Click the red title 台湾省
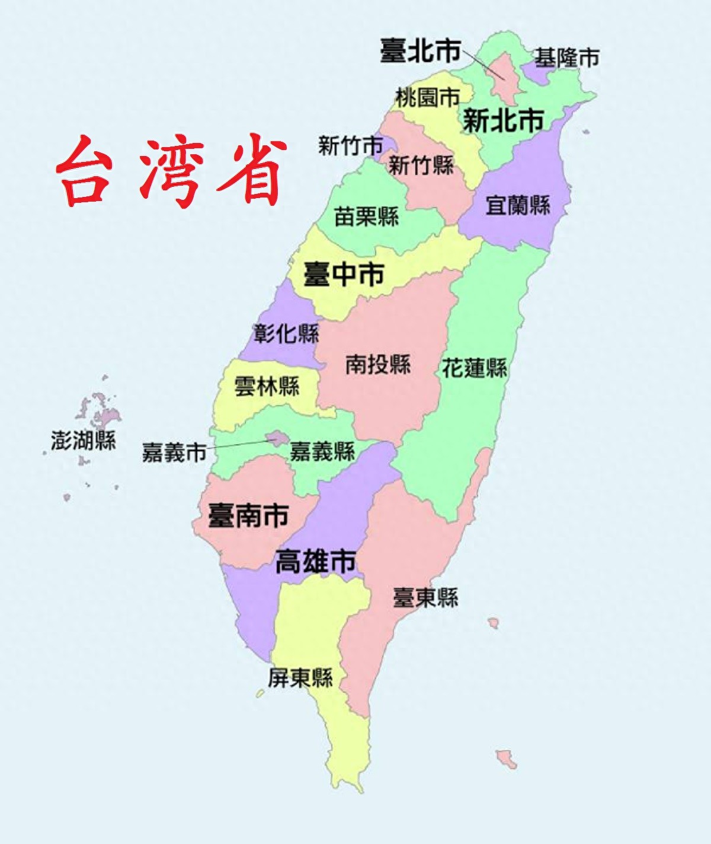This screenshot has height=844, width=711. [x=172, y=172]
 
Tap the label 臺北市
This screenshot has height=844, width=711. [x=420, y=51]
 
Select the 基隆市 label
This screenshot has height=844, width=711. [x=566, y=58]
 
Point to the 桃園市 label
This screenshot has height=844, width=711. [x=427, y=97]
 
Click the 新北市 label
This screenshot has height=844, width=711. [x=502, y=121]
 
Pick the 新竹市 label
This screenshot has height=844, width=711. [x=350, y=145]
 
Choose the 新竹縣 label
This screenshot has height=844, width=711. [x=421, y=164]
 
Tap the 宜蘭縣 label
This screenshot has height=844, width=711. [x=518, y=205]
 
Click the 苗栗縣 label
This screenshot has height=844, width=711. [x=366, y=216]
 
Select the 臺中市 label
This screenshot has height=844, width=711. [x=344, y=275]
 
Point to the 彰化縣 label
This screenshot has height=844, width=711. [x=286, y=333]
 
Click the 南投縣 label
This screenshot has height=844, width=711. [x=378, y=364]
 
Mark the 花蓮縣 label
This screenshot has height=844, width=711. [x=475, y=368]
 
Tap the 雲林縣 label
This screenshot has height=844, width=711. [x=267, y=387]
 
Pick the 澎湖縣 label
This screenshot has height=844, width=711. [x=83, y=441]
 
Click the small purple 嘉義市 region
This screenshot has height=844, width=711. [x=276, y=438]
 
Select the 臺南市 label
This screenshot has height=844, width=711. [x=248, y=515]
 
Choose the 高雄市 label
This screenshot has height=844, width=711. [x=316, y=561]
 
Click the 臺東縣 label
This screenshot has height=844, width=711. [x=425, y=597]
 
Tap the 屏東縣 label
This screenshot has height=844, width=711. [x=300, y=677]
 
